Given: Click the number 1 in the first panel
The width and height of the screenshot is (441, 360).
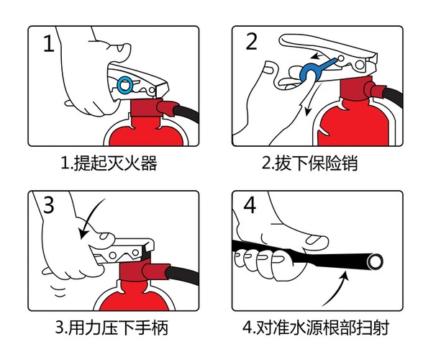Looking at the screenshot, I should point(48,44).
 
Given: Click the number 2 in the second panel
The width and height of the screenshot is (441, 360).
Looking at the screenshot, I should point(251,41).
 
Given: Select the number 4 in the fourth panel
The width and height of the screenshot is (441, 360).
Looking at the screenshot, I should point(250,206).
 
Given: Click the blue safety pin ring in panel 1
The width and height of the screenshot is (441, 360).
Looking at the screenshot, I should point(126,86).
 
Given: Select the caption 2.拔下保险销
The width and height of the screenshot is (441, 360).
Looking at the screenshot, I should point(309,164).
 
